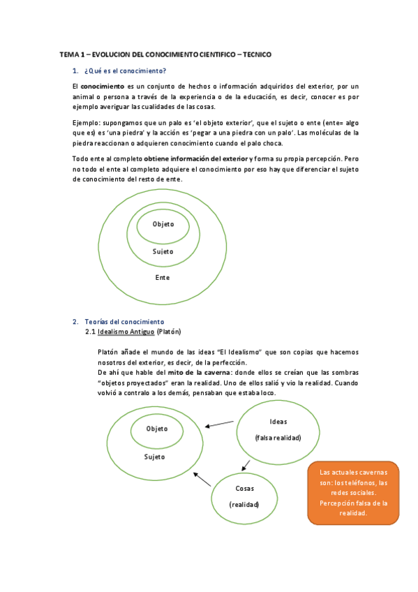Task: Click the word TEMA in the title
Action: (69, 54)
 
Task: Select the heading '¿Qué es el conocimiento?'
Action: (125, 71)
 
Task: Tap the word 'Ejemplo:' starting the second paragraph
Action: (87, 122)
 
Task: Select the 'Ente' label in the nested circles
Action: (163, 277)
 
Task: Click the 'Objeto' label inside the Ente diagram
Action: (163, 224)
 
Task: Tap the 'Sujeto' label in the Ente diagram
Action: (163, 251)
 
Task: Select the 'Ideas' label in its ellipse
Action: (278, 422)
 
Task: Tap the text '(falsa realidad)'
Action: (278, 437)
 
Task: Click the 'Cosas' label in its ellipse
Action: (244, 489)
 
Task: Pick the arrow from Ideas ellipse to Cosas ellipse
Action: (246, 463)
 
